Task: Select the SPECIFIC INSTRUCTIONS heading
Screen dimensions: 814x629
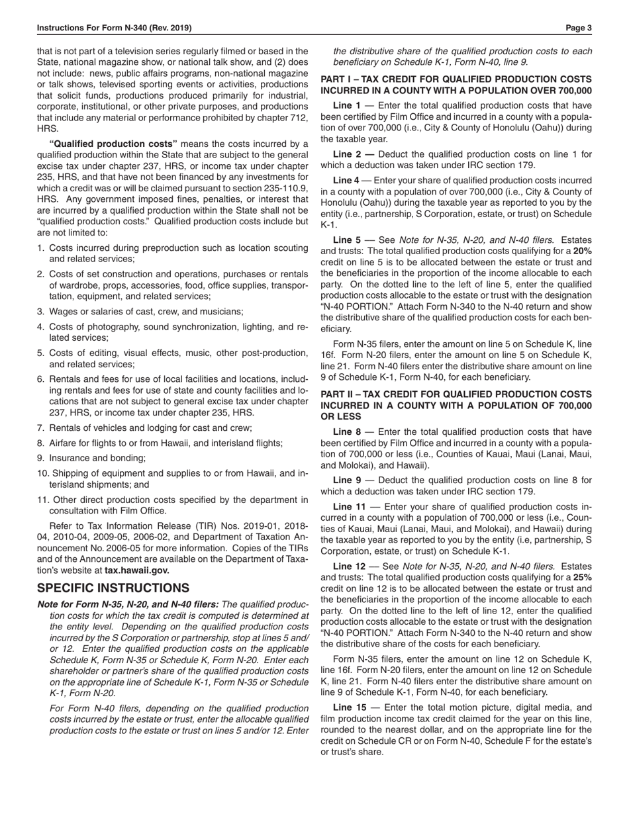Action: tap(113, 588)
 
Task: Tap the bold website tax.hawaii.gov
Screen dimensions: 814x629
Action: tap(137, 570)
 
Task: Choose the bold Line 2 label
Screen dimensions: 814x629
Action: tap(347, 154)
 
